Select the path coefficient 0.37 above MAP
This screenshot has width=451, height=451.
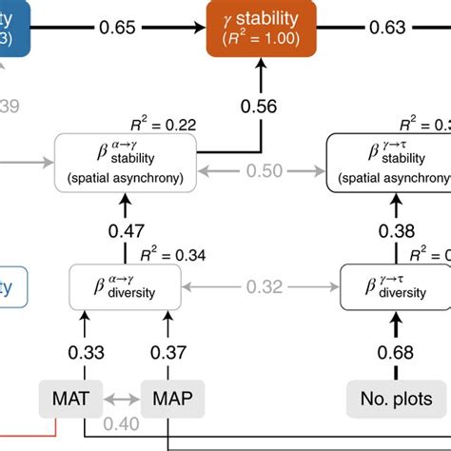[167, 352]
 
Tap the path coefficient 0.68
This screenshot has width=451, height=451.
[397, 352]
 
